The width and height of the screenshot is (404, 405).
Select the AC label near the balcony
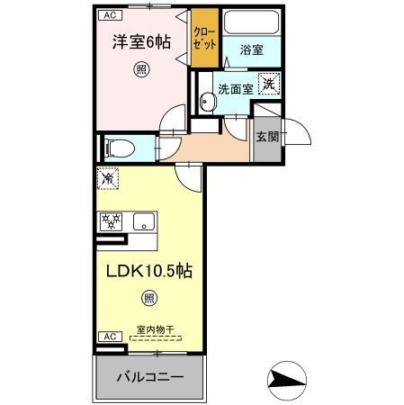108,336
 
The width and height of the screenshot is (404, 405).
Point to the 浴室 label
251,50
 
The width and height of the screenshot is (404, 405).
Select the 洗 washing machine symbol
268,85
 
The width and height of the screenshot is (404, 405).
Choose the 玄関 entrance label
266,137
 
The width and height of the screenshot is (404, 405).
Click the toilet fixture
118,147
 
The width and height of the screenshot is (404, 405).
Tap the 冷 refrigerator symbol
107,180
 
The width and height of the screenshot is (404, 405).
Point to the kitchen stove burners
112,220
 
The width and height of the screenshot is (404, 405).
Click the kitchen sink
145,220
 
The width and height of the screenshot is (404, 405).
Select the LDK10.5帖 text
148,270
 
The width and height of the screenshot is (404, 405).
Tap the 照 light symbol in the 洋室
141,69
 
